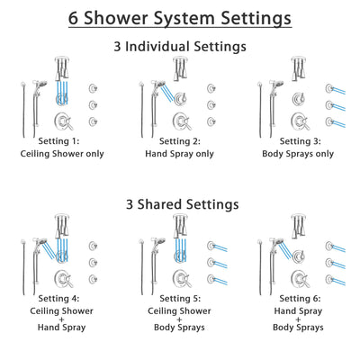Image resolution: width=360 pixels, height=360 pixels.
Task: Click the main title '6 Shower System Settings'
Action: click(x=180, y=18)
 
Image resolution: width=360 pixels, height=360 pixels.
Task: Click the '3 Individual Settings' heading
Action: click(x=180, y=46)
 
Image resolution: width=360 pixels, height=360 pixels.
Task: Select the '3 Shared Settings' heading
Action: click(x=180, y=204)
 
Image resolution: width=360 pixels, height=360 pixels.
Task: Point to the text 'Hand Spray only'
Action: click(x=180, y=154)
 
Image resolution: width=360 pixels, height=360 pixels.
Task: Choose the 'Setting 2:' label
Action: click(x=180, y=141)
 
